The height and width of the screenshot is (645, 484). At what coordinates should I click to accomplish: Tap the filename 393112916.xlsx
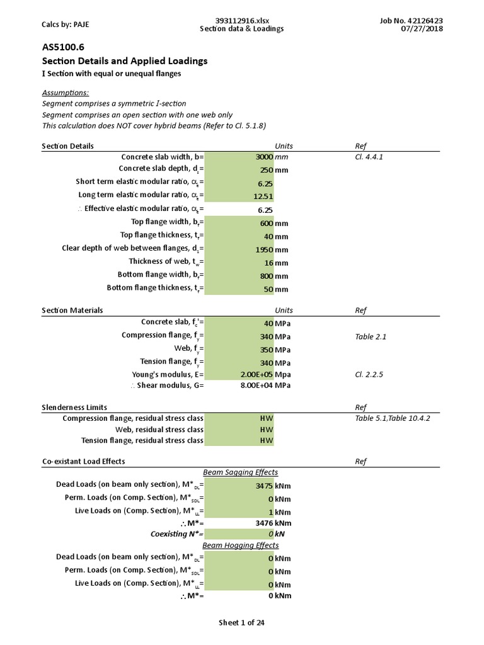pos(242,21)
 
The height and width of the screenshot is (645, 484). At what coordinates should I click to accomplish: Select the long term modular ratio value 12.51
pos(265,197)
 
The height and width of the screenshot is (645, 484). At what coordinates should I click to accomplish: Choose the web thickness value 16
pos(268,263)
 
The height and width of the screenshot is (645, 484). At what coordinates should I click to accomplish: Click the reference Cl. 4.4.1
pos(369,157)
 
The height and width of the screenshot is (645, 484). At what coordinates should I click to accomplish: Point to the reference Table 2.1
pos(371,337)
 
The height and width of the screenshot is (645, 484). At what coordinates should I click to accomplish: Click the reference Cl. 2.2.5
pos(369,375)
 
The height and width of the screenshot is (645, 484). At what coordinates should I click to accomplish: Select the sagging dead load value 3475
pos(264,486)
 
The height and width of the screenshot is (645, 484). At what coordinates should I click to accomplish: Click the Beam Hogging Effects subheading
pos(240,545)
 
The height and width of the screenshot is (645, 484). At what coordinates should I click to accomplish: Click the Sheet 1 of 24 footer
pos(241,623)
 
